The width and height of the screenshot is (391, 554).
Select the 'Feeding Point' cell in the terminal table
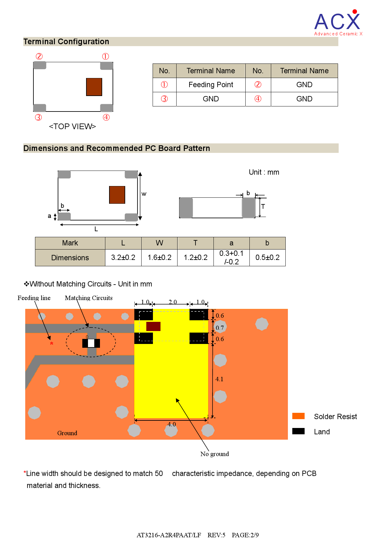pyautogui.click(x=211, y=85)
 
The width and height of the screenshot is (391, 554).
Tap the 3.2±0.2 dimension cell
pyautogui.click(x=123, y=257)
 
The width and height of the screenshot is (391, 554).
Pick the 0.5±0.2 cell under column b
pyautogui.click(x=267, y=257)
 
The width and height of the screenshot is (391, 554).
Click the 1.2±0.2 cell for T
pyautogui.click(x=195, y=257)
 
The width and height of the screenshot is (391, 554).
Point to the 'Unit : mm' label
pyautogui.click(x=264, y=172)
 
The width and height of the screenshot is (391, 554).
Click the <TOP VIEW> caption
pyautogui.click(x=72, y=126)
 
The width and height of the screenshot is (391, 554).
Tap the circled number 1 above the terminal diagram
pyautogui.click(x=105, y=57)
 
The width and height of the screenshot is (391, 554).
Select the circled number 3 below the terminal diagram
pyautogui.click(x=38, y=117)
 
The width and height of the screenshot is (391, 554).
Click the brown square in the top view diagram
pyautogui.click(x=94, y=87)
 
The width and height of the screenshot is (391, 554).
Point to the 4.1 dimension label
pyautogui.click(x=219, y=379)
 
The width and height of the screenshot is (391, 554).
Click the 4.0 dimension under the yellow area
pyautogui.click(x=172, y=424)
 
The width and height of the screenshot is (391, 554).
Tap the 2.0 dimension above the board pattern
pyautogui.click(x=172, y=302)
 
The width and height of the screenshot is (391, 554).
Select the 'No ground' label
pyautogui.click(x=214, y=454)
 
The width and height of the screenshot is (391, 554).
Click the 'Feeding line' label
pyautogui.click(x=34, y=298)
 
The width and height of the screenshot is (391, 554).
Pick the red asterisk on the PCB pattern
pyautogui.click(x=51, y=344)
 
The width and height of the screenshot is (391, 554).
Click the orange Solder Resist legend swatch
pyautogui.click(x=298, y=416)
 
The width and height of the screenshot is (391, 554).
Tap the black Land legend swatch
pyautogui.click(x=298, y=431)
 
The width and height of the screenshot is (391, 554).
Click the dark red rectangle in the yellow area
pyautogui.click(x=153, y=326)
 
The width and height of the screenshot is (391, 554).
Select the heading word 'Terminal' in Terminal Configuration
pyautogui.click(x=39, y=42)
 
